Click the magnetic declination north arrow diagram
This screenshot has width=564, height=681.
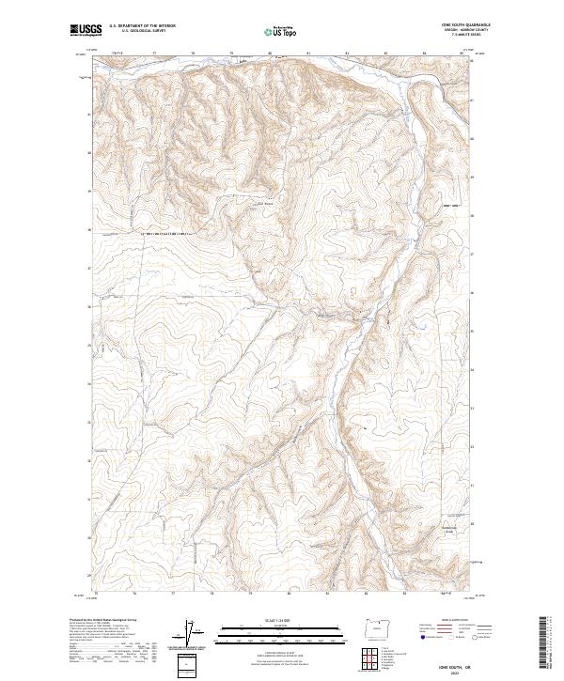(191, 634)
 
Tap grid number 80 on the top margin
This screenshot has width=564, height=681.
(270, 54)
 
